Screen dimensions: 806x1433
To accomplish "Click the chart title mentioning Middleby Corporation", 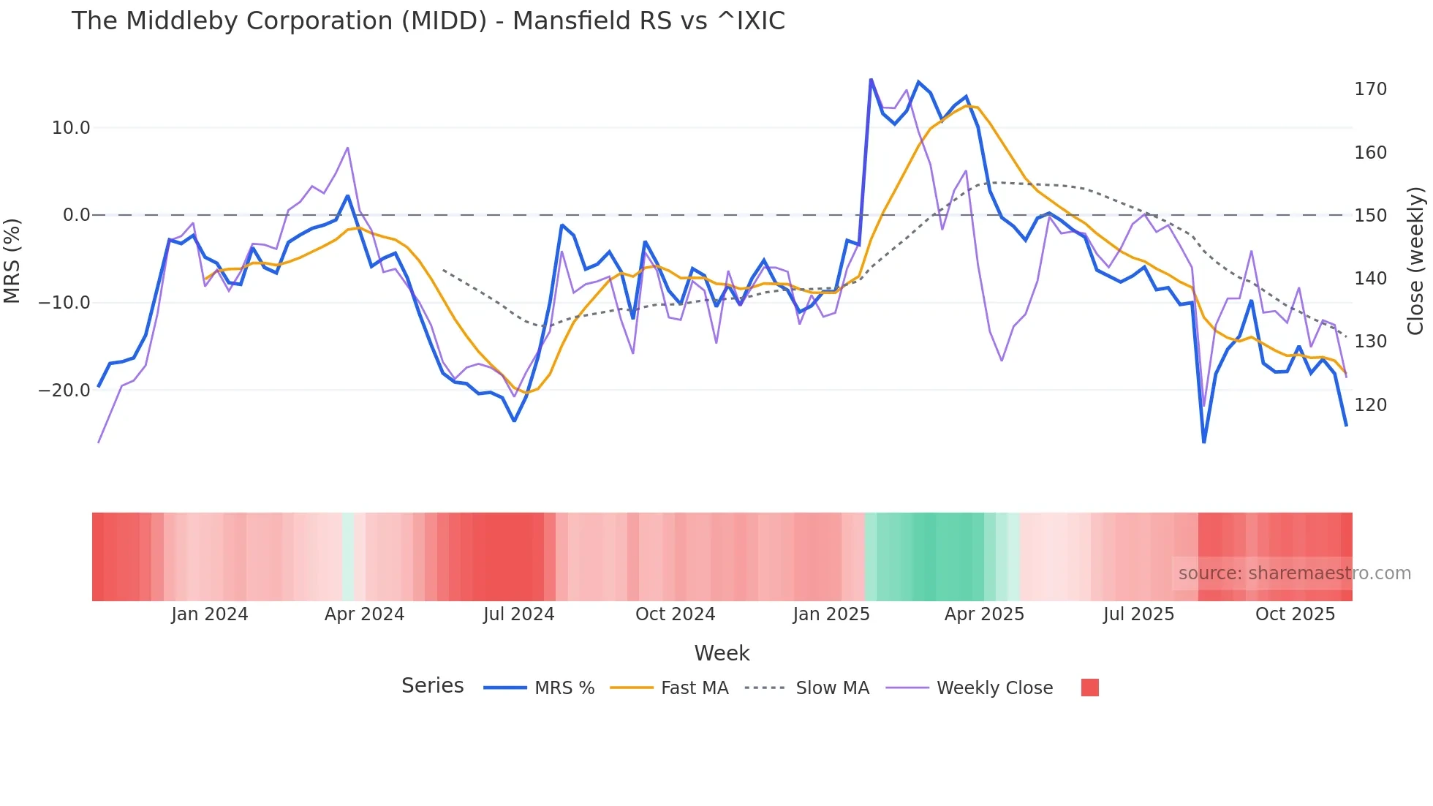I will pyautogui.click(x=428, y=21).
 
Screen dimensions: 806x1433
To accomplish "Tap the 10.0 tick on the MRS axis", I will pyautogui.click(x=70, y=128).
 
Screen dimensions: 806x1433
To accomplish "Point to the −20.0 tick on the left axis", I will pyautogui.click(x=64, y=391).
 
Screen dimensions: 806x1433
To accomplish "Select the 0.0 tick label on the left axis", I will pyautogui.click(x=76, y=215).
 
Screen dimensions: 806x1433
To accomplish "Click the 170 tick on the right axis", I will pyautogui.click(x=1370, y=89).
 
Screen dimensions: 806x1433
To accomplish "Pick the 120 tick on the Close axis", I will pyautogui.click(x=1370, y=404).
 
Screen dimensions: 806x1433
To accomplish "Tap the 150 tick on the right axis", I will pyautogui.click(x=1370, y=216).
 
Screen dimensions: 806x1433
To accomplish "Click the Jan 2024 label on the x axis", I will pyautogui.click(x=210, y=614).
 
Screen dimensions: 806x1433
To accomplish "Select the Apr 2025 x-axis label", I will pyautogui.click(x=984, y=614).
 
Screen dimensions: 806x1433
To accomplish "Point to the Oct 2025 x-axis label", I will pyautogui.click(x=1295, y=614).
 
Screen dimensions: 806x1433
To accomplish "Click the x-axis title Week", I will pyautogui.click(x=722, y=653).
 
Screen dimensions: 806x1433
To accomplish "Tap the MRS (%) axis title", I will pyautogui.click(x=12, y=260).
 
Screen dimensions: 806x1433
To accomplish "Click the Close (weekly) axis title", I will pyautogui.click(x=1415, y=260).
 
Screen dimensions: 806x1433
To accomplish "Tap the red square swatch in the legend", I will pyautogui.click(x=1089, y=688).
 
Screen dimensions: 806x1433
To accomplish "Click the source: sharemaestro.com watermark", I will pyautogui.click(x=1294, y=573).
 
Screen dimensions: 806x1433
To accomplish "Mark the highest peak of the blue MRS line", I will pyautogui.click(x=871, y=79).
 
